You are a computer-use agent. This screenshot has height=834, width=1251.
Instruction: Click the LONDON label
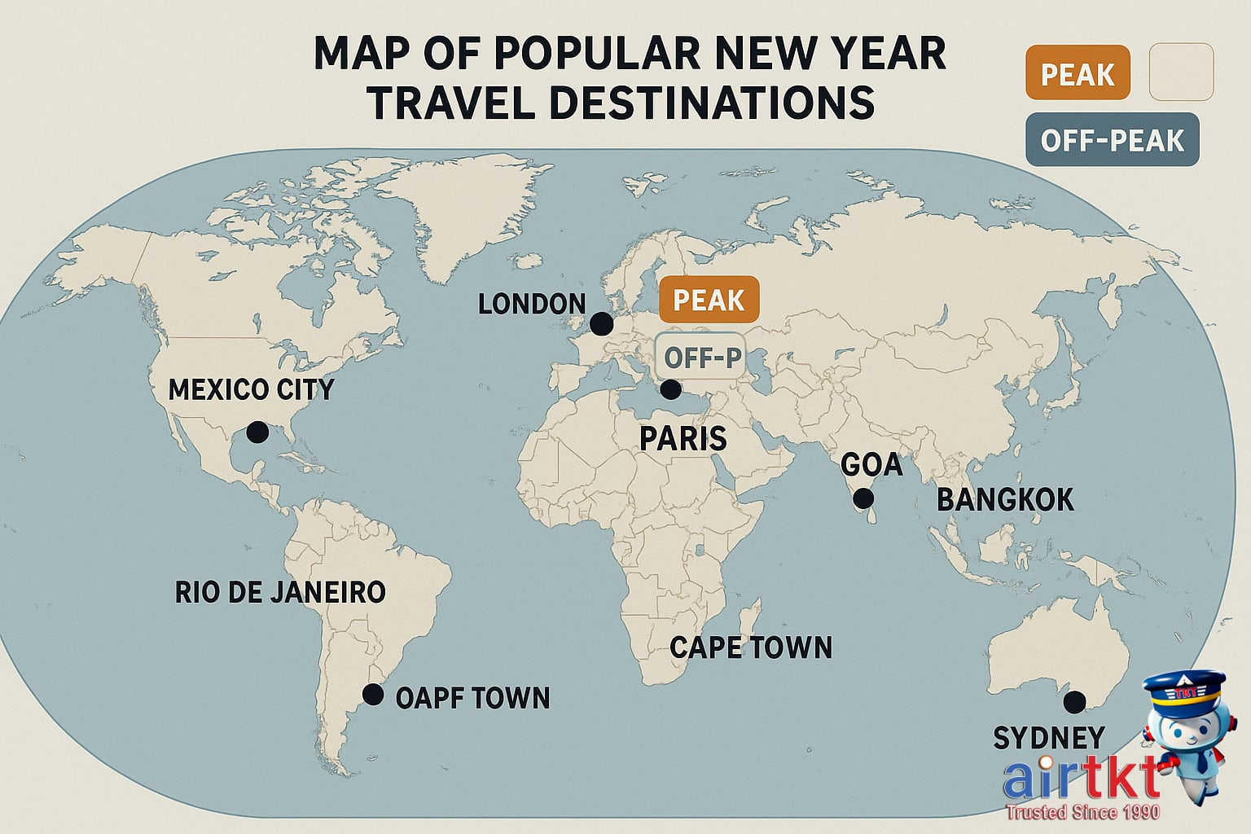[531, 305]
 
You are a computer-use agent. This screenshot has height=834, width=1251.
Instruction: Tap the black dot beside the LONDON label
[601, 323]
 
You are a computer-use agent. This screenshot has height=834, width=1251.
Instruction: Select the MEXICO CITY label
[251, 389]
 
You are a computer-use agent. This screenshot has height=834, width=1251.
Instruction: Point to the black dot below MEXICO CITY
[257, 432]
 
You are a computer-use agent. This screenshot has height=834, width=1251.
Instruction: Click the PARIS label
[683, 439]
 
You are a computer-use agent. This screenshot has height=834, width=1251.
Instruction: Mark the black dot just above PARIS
[670, 389]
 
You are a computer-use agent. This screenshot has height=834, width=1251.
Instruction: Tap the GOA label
[871, 465]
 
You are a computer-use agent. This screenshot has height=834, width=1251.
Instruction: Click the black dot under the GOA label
[863, 498]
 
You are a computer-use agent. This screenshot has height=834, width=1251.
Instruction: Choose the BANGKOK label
[1005, 500]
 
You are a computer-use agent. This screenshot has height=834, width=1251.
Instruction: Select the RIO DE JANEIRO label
[280, 592]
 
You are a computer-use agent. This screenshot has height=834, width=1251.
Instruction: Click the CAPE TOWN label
[751, 648]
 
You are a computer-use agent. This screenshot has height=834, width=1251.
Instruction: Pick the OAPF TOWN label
[472, 698]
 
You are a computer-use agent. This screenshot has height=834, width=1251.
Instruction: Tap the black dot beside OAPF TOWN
[373, 695]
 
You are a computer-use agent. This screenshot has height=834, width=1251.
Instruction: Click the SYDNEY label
[1049, 738]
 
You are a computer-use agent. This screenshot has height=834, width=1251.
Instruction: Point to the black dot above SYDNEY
[1075, 700]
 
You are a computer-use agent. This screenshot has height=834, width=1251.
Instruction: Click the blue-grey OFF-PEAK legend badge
[1112, 140]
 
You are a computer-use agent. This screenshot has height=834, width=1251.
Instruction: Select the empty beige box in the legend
[1181, 72]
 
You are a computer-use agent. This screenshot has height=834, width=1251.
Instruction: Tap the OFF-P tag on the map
[700, 358]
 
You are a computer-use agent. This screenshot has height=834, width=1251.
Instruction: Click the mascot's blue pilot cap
[1183, 688]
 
